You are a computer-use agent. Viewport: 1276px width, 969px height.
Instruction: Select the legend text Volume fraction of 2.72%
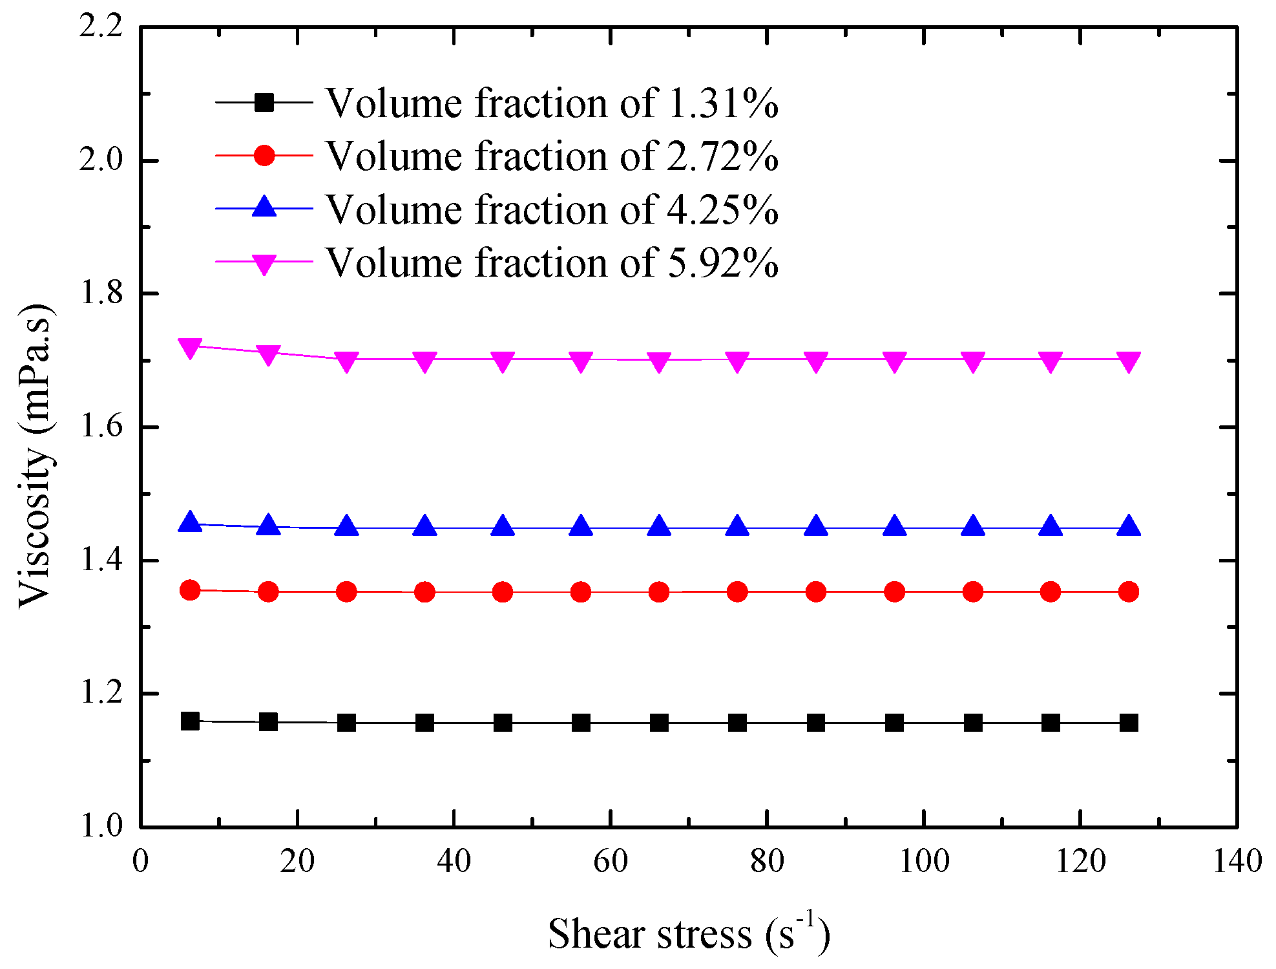tap(551, 156)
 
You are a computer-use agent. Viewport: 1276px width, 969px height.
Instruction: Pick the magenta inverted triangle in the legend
tap(264, 263)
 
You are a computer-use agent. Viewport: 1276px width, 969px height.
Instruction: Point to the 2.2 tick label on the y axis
tap(101, 28)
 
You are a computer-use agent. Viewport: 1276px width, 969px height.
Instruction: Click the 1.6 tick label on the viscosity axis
tap(101, 427)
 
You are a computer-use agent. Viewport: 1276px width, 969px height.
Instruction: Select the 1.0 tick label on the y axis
tap(101, 826)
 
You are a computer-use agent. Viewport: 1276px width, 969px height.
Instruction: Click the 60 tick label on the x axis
tap(611, 861)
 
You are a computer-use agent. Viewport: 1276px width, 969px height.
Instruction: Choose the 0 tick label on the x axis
tap(140, 861)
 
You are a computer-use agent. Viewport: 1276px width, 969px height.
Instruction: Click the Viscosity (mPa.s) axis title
tap(36, 456)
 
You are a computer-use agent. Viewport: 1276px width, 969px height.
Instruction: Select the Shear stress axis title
tap(689, 934)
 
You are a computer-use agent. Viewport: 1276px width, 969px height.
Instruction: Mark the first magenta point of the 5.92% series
tap(190, 348)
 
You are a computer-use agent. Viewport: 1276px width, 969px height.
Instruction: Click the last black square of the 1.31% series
tap(1129, 723)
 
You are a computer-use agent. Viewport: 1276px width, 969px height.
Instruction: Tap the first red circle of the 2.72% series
tap(190, 590)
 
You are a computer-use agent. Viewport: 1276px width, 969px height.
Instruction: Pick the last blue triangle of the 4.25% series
tap(1129, 526)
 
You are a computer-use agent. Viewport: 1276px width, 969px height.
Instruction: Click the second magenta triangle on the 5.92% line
tap(268, 354)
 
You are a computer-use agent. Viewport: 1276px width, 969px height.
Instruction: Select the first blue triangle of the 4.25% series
tap(190, 522)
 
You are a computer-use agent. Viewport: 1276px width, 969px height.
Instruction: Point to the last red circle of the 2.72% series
tap(1129, 591)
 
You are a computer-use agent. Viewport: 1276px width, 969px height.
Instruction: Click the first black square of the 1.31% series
tap(190, 721)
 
